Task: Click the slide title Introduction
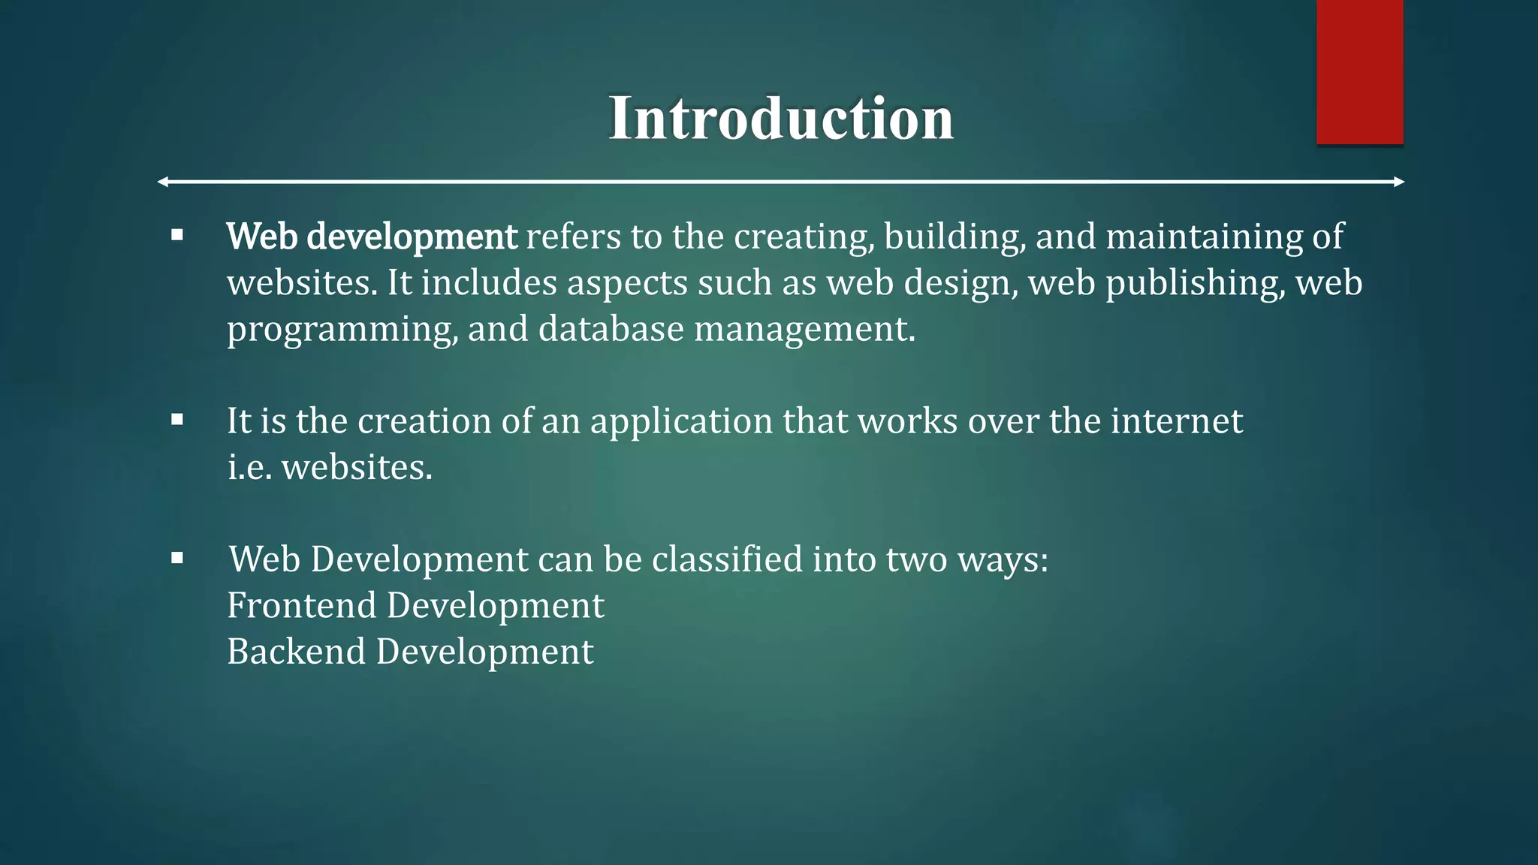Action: click(x=780, y=119)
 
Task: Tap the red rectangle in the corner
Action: click(x=1359, y=72)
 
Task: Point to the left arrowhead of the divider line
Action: click(x=163, y=182)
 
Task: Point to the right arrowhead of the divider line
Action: click(x=1399, y=182)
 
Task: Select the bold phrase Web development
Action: click(x=372, y=237)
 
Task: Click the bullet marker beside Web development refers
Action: click(x=177, y=236)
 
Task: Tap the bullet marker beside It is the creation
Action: click(x=177, y=420)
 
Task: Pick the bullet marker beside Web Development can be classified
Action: click(x=177, y=558)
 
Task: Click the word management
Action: click(x=804, y=330)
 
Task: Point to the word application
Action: click(x=681, y=421)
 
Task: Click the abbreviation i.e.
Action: click(x=249, y=467)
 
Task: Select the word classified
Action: click(x=727, y=559)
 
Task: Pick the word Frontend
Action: click(x=301, y=605)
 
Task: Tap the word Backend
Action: click(x=296, y=651)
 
